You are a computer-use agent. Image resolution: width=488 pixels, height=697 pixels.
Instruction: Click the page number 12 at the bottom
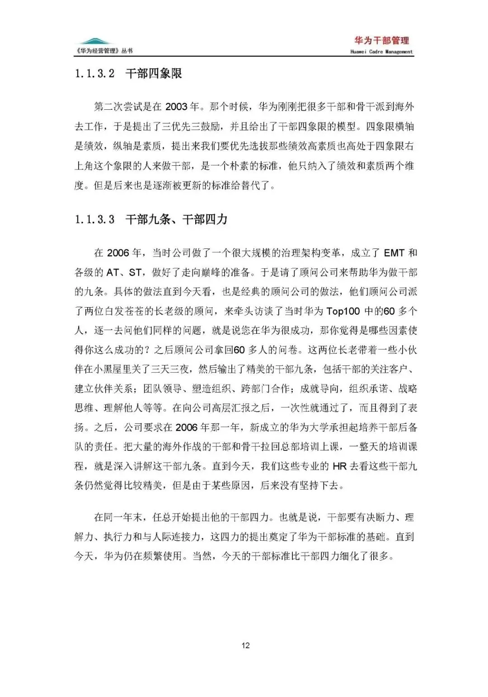click(x=245, y=645)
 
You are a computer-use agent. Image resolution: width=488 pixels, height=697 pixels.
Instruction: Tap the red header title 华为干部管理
click(x=382, y=41)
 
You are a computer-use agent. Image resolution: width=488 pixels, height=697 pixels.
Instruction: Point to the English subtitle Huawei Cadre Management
click(x=381, y=52)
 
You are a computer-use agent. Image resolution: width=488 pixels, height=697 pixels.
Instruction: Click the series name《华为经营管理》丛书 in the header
click(x=104, y=51)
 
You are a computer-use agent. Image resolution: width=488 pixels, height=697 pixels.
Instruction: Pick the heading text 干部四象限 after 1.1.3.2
click(x=154, y=74)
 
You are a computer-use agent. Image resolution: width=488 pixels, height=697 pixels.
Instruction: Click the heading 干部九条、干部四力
click(x=176, y=220)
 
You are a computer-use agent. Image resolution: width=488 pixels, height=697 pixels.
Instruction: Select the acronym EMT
click(x=394, y=253)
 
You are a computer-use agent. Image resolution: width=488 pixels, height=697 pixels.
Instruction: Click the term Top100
click(x=344, y=311)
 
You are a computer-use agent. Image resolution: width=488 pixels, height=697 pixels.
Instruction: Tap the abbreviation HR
click(x=339, y=466)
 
